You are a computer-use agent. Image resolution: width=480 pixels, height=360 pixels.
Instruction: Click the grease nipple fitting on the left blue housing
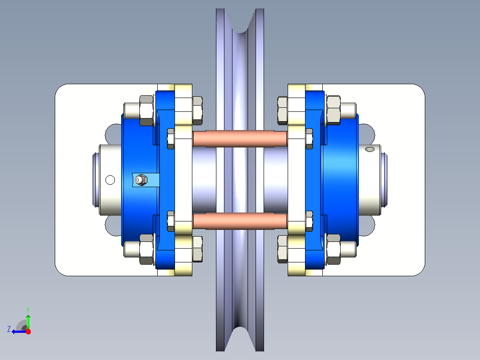141,180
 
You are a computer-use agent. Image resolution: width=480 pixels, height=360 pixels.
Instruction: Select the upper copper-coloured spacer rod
240,138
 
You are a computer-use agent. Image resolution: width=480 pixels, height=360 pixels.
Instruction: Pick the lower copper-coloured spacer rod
240,221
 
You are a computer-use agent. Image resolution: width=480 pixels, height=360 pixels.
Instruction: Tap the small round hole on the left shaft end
110,180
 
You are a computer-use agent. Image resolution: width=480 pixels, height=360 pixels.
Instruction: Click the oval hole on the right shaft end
370,149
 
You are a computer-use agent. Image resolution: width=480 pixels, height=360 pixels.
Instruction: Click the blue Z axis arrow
19,331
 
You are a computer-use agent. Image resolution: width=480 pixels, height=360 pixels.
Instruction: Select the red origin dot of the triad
28,331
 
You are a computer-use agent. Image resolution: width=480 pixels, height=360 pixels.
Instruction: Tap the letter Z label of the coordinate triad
9,329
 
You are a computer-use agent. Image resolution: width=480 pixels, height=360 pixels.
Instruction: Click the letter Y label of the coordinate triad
28,310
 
